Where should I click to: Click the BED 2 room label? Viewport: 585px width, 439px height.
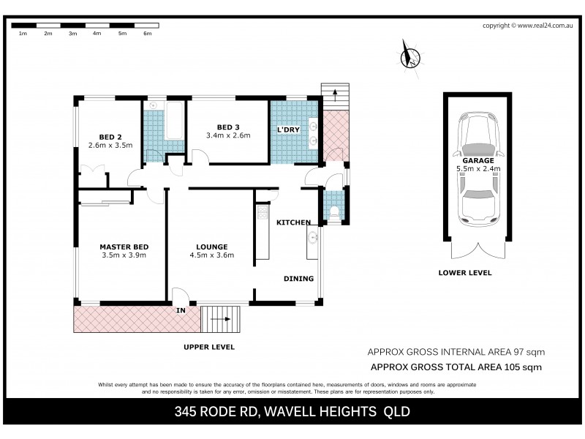coord(110,135)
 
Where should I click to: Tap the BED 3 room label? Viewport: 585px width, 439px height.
coord(228,126)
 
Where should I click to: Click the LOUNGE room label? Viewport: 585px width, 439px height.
coord(211,247)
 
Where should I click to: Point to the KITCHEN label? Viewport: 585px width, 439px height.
coord(293,222)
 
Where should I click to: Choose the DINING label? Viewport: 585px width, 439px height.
coord(298,278)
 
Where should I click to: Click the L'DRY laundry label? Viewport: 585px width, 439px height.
coord(289,130)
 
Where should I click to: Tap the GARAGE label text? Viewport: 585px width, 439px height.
coord(478,160)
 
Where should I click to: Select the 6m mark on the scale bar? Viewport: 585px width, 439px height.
coord(147,34)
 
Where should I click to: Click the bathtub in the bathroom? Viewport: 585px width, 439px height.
coord(175,121)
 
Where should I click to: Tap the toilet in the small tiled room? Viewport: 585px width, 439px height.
coord(334,212)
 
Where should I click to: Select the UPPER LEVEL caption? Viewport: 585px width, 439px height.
coord(208,347)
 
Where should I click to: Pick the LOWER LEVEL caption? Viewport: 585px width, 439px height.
coord(464,273)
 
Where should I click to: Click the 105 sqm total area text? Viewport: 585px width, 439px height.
coord(517,367)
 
